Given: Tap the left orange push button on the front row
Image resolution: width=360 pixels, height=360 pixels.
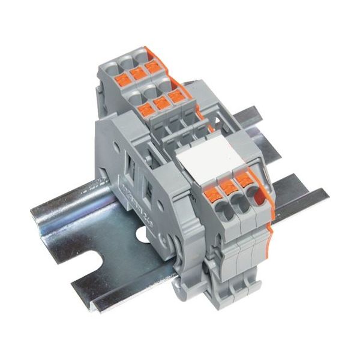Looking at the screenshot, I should (211, 193).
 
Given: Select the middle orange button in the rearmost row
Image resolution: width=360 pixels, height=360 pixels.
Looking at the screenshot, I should (137, 73).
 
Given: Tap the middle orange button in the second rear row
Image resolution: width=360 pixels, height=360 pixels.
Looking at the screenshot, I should (160, 103).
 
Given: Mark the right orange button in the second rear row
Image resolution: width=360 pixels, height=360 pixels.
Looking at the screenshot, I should (175, 96).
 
